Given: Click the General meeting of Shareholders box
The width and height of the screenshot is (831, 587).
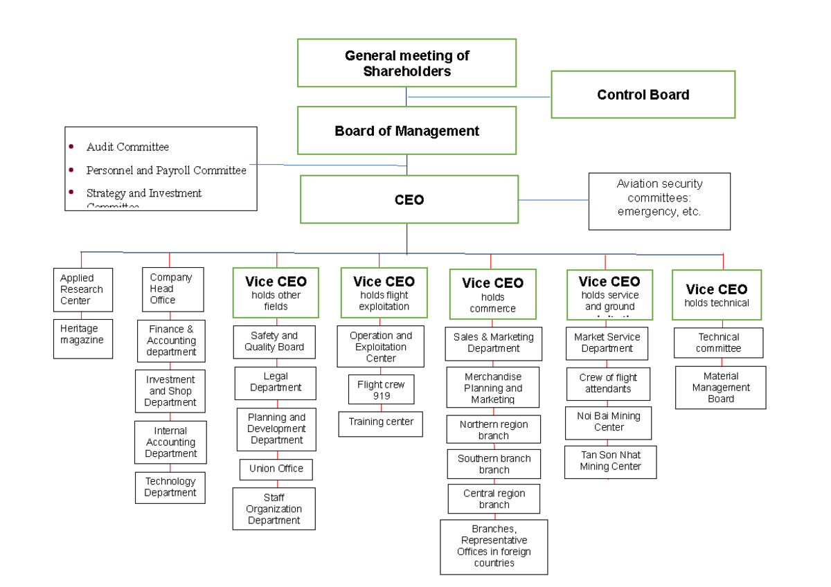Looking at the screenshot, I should [x=406, y=63].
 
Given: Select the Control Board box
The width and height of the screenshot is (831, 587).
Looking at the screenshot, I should [x=643, y=95].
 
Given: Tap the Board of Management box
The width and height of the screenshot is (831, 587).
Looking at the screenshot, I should [x=406, y=131].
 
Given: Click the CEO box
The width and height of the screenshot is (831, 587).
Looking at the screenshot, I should [x=409, y=199].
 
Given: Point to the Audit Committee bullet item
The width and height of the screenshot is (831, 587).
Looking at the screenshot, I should [x=127, y=147].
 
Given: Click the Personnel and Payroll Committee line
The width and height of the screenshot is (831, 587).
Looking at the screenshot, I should [x=166, y=170].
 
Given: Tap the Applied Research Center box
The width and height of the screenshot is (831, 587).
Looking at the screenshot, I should [x=82, y=289].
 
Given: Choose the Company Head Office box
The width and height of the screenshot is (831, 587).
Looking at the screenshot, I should [x=172, y=289].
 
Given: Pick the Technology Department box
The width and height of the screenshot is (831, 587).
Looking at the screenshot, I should [x=170, y=487].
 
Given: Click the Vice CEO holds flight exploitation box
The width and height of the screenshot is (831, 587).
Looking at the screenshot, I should [x=384, y=293].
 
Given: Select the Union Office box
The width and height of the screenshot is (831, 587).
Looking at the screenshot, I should [x=276, y=469].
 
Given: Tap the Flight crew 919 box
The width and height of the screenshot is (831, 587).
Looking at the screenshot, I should [x=381, y=390].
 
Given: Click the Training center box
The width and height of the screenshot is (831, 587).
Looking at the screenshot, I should [x=380, y=422].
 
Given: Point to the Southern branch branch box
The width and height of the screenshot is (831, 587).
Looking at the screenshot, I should [x=494, y=464].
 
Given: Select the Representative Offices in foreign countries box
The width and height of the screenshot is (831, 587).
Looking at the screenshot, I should [x=494, y=546].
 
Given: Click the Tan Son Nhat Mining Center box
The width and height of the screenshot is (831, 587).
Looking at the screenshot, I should [x=610, y=461].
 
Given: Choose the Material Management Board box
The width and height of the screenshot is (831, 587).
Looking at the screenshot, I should [x=720, y=388].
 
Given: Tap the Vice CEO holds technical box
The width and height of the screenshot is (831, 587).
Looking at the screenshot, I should [x=717, y=294].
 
